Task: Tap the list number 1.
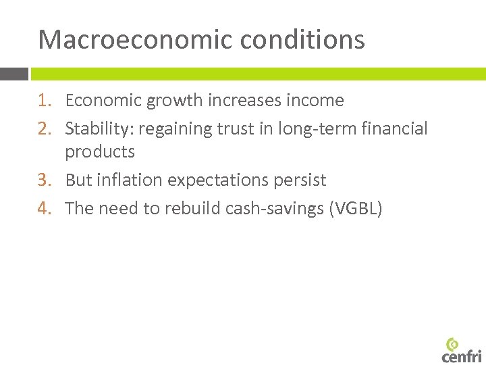(44, 101)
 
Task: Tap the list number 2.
(44, 128)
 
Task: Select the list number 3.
(44, 180)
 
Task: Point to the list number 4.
(44, 209)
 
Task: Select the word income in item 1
(316, 101)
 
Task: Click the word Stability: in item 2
(99, 128)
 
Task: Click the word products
(100, 152)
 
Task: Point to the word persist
(301, 180)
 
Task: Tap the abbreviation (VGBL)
(356, 209)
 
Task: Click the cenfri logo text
(462, 356)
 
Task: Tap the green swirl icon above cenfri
(452, 343)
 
